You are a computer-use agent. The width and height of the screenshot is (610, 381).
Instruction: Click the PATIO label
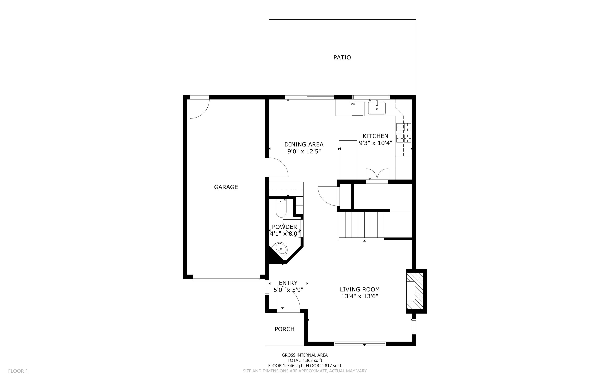click(342, 58)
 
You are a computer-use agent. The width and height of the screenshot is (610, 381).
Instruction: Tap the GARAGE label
click(226, 187)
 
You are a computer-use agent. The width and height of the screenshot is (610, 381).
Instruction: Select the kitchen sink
click(377, 108)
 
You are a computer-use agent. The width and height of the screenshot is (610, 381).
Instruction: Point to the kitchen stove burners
click(404, 133)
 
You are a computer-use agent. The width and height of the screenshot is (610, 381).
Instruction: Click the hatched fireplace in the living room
click(414, 291)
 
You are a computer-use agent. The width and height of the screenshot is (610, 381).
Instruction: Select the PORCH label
click(285, 329)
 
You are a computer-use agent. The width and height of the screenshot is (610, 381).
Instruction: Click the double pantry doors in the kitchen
click(377, 174)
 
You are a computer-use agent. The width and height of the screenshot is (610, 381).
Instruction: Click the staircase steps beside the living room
click(361, 225)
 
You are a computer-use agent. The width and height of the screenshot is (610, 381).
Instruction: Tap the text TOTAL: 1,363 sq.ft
click(305, 360)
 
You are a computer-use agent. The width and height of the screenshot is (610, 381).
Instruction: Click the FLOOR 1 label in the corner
click(18, 371)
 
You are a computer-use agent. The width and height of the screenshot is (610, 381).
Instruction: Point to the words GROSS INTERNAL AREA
click(305, 355)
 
